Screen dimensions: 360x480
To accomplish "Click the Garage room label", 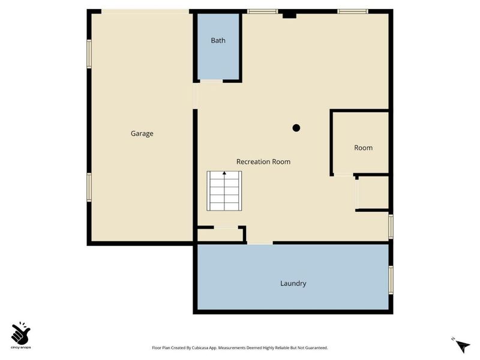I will click(x=142, y=133).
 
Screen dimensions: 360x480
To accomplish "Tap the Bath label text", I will click(x=218, y=41).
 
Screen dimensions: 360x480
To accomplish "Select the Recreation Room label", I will click(x=263, y=161).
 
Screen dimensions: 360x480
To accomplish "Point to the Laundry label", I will click(x=293, y=283).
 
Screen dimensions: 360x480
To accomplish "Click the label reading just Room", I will click(x=363, y=148).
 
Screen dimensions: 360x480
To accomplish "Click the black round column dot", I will click(x=296, y=128).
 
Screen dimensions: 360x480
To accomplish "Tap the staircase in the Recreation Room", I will click(x=224, y=191).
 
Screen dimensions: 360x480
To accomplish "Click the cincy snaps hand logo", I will click(x=21, y=332).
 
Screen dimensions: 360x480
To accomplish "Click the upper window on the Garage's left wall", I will click(x=89, y=54).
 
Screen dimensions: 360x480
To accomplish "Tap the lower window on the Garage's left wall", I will click(x=89, y=187).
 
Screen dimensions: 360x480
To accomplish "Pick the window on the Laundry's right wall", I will click(x=391, y=280).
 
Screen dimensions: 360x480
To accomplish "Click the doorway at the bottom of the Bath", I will click(x=211, y=81).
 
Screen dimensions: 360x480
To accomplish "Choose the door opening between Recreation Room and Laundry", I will click(x=260, y=242).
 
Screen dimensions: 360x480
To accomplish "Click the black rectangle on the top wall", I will click(x=289, y=13).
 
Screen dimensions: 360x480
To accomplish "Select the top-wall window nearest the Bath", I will click(x=262, y=11).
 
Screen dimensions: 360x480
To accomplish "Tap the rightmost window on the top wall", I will click(x=352, y=11).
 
